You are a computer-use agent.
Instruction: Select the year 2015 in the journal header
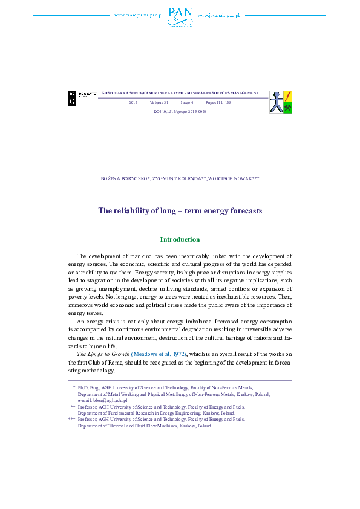(x=133, y=103)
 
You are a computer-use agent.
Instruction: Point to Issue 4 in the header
(x=187, y=103)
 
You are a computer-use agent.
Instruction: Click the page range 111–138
(x=218, y=103)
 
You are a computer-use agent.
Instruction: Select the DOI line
(x=180, y=112)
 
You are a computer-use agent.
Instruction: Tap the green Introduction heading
(x=180, y=239)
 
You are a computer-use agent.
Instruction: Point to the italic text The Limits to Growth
(x=103, y=353)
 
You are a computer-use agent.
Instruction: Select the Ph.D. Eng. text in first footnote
(x=88, y=387)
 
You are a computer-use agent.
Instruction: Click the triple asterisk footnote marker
(x=71, y=418)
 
